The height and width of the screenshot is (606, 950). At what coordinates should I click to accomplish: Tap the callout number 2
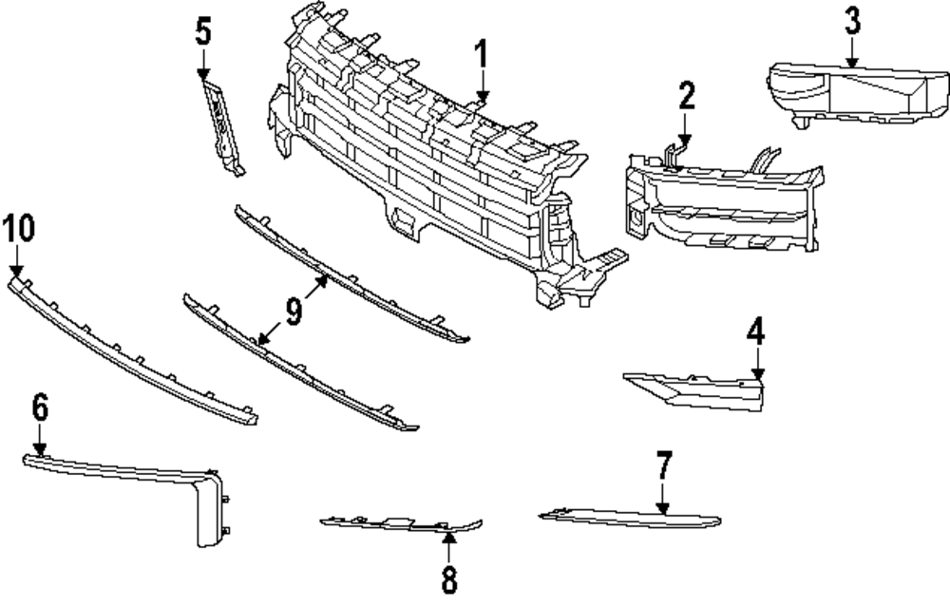(687, 95)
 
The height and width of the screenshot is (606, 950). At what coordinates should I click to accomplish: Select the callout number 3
(852, 20)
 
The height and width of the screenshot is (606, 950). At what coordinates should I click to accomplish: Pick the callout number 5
(203, 31)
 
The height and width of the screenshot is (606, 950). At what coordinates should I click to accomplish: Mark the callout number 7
(663, 466)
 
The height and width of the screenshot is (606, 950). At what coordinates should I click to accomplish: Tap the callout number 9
(294, 311)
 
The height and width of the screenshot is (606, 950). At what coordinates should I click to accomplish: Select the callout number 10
(18, 229)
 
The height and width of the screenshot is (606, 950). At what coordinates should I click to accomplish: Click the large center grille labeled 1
(427, 180)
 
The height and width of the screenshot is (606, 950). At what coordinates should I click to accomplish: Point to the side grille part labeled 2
(722, 204)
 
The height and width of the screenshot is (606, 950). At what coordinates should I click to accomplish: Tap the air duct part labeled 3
(855, 95)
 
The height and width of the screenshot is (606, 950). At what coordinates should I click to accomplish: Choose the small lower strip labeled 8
(399, 522)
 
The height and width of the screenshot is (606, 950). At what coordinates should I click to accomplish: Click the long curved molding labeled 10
(133, 351)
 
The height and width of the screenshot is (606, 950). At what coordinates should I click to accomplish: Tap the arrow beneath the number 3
(851, 53)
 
